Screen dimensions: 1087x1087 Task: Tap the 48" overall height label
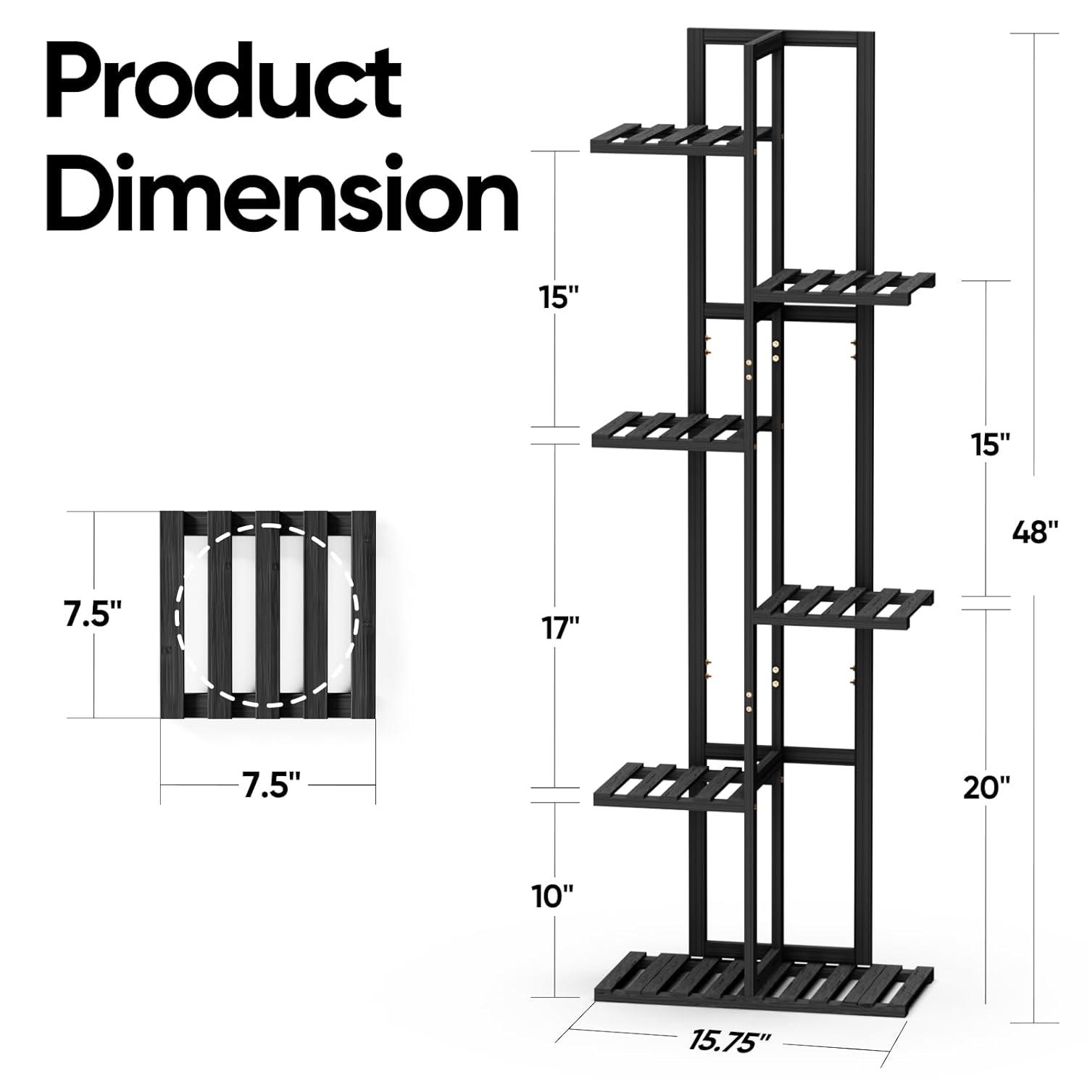[1035, 533]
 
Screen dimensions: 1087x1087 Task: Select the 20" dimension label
[986, 786]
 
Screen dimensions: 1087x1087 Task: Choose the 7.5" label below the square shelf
[271, 785]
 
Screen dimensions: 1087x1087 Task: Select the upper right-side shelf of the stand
[844, 286]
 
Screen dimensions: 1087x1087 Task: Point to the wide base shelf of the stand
[761, 978]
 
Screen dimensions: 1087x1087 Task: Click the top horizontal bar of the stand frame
[775, 36]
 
